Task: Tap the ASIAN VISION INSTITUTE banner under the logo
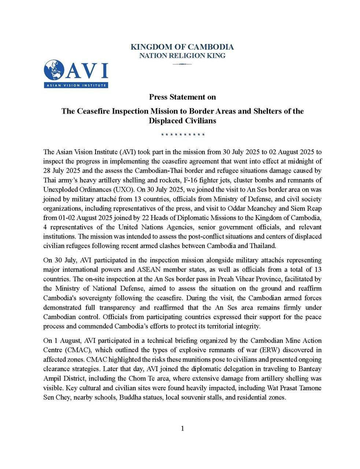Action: [76, 86]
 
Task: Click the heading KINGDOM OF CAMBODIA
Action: [182, 47]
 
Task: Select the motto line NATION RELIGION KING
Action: [182, 56]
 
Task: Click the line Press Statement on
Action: [182, 97]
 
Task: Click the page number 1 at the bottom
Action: [182, 429]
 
